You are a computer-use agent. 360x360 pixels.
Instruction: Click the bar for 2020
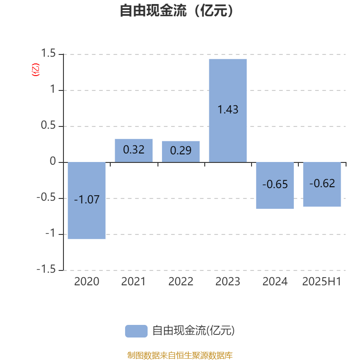(86, 200)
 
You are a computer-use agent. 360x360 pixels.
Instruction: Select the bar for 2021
(134, 151)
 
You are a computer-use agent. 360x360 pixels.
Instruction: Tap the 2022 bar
(181, 152)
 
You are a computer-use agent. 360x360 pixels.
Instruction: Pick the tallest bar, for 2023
(228, 111)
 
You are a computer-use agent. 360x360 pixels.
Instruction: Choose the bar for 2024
(275, 185)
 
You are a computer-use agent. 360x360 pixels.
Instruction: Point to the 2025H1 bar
(322, 184)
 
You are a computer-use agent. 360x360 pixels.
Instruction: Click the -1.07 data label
(86, 199)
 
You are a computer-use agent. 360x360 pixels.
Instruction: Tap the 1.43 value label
(228, 109)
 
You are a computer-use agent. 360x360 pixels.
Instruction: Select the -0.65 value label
(275, 184)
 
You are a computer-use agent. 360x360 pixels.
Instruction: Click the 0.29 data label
(181, 151)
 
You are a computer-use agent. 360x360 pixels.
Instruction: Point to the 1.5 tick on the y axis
(48, 53)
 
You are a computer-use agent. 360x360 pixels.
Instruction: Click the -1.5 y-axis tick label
(46, 269)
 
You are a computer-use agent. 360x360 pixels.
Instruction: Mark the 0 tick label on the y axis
(53, 161)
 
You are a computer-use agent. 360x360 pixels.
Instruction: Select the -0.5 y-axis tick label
(46, 197)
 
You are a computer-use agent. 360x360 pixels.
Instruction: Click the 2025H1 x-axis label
(322, 282)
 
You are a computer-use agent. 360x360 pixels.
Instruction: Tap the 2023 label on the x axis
(228, 282)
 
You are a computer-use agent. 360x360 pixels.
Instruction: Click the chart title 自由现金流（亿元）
(177, 10)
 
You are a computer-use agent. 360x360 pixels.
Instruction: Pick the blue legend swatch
(136, 331)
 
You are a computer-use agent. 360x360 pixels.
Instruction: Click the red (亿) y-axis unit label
(36, 70)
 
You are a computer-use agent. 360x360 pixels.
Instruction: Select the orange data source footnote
(180, 355)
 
